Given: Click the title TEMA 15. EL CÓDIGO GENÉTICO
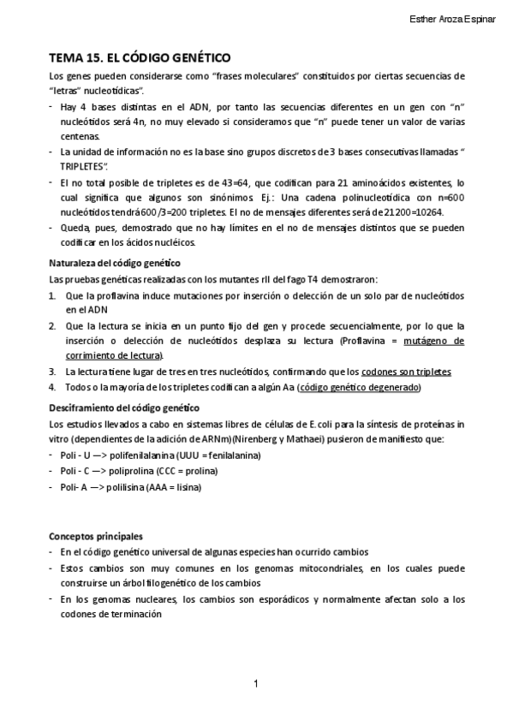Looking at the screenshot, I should [140, 59].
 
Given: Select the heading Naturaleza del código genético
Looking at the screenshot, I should [114, 263].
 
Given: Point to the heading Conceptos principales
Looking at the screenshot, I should [95, 536].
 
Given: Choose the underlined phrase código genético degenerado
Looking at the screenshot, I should [359, 387].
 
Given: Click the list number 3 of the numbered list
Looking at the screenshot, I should [52, 372].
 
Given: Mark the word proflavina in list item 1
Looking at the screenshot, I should [114, 295].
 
